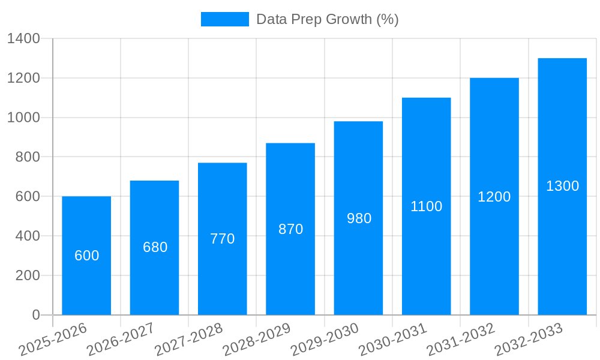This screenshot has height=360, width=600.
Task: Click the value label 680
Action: (x=155, y=247)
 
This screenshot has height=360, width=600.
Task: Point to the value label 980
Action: (x=359, y=218)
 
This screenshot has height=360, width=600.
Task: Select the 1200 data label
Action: (x=494, y=197)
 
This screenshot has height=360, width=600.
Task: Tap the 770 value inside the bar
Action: (x=223, y=239)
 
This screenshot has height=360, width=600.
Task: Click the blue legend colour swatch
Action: (x=224, y=19)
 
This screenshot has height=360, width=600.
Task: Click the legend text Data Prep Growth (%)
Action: (x=327, y=19)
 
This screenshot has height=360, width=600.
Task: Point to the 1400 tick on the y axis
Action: (x=23, y=39)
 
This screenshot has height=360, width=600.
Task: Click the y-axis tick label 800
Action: (x=27, y=157)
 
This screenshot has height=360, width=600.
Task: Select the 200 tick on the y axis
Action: (x=27, y=275)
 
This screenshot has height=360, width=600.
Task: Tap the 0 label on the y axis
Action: (x=35, y=315)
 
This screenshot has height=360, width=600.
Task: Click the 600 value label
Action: (x=86, y=256)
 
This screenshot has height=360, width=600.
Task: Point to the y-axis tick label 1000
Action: (x=23, y=118)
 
